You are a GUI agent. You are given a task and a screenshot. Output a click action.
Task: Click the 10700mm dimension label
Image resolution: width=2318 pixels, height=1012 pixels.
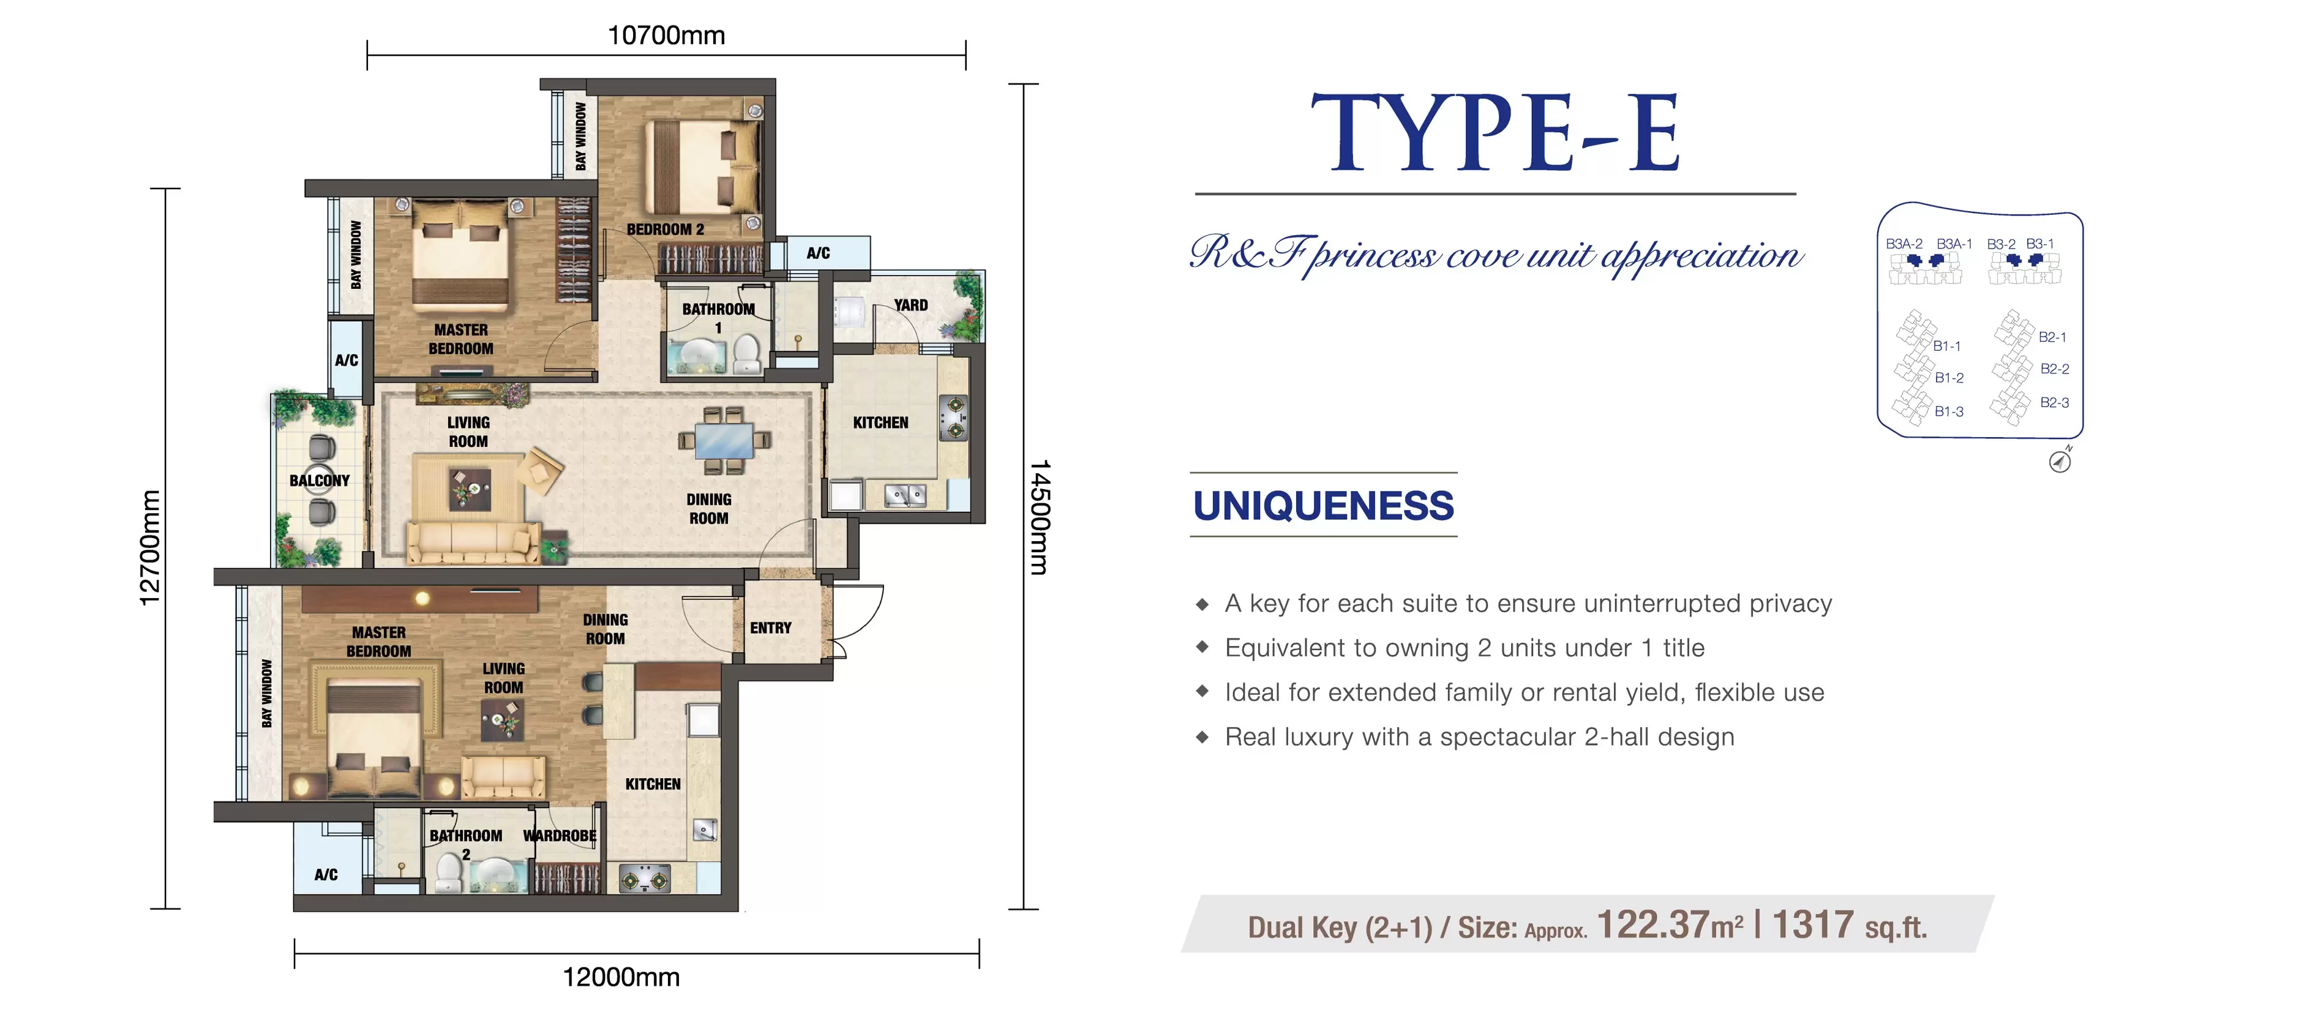coord(666,35)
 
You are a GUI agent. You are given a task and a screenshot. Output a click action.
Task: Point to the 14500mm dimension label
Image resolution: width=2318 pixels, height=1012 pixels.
coord(1040,517)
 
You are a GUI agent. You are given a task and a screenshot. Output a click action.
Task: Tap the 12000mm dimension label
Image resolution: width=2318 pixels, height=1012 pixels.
coord(621,977)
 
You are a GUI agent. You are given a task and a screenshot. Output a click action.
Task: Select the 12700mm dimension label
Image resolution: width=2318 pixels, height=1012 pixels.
coord(149,548)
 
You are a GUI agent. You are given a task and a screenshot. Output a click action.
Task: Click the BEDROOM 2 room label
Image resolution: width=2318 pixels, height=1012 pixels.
coord(665,230)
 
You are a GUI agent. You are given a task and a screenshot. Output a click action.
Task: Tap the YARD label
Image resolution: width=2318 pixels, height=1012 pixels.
coord(910,305)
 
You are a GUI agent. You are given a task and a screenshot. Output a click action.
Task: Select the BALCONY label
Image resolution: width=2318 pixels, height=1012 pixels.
coord(320,481)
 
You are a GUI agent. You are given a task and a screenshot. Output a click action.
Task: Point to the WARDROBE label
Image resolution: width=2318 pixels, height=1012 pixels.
coord(560,836)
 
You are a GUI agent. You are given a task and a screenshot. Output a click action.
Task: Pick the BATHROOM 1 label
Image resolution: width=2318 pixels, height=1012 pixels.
coord(718,318)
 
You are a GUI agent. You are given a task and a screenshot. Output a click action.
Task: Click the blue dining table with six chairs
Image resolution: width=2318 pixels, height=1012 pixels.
coord(724,441)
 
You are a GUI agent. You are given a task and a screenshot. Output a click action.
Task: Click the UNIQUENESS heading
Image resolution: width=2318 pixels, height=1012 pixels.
coord(1322,506)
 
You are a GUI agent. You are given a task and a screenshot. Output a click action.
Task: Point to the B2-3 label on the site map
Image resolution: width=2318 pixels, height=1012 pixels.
coord(2054,402)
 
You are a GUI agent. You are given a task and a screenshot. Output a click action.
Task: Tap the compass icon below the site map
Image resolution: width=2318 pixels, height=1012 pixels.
coord(2060,460)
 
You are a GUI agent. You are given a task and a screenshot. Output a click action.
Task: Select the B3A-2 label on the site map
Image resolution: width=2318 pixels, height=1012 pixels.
coord(1904,244)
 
